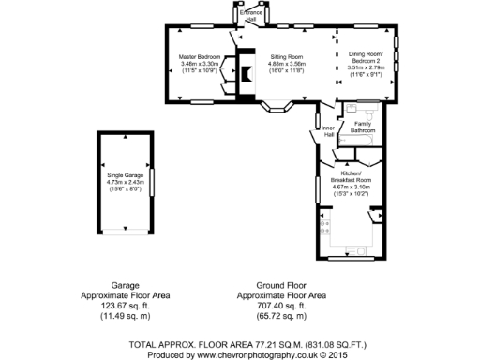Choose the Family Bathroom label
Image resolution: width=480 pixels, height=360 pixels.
click(362, 127)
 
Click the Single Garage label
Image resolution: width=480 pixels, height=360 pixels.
click(126, 175)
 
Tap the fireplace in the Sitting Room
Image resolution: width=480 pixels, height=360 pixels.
click(246, 75)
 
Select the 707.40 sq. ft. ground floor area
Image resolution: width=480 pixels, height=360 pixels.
click(282, 306)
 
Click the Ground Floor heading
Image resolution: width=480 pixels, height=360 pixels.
click(282, 284)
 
